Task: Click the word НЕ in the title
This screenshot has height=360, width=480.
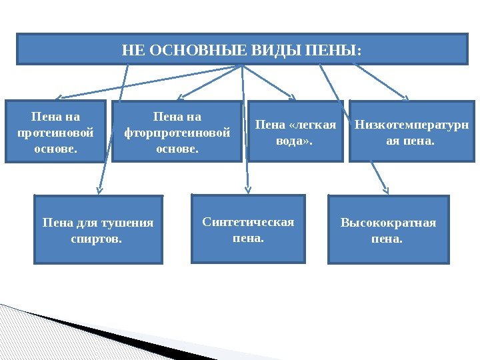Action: [x=133, y=50]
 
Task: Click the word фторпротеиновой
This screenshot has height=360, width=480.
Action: [x=177, y=132]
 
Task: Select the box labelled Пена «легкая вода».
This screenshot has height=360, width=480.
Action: [x=297, y=132]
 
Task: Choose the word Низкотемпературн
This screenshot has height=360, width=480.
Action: [x=411, y=124]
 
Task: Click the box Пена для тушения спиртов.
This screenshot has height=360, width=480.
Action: [x=98, y=229]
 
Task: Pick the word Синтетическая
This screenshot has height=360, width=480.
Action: [x=248, y=222]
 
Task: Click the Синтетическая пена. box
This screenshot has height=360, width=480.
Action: [x=248, y=229]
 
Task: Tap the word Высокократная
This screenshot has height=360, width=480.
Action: [x=388, y=223]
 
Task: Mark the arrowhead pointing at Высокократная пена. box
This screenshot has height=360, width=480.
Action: [x=385, y=189]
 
